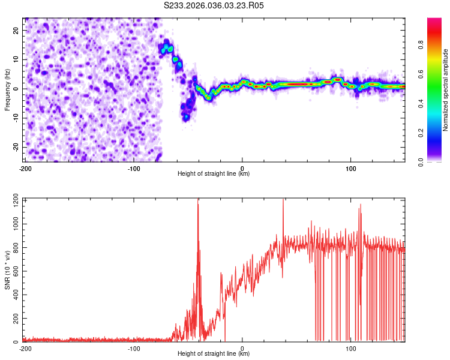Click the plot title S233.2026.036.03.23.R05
(214, 5)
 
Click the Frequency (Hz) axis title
(7, 90)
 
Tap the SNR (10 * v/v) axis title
(7, 270)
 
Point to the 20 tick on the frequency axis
(17, 30)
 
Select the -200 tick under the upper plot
(25, 168)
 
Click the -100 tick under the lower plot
(134, 348)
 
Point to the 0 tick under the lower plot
(242, 348)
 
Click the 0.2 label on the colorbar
(421, 133)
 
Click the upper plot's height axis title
(214, 174)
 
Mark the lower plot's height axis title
(214, 354)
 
